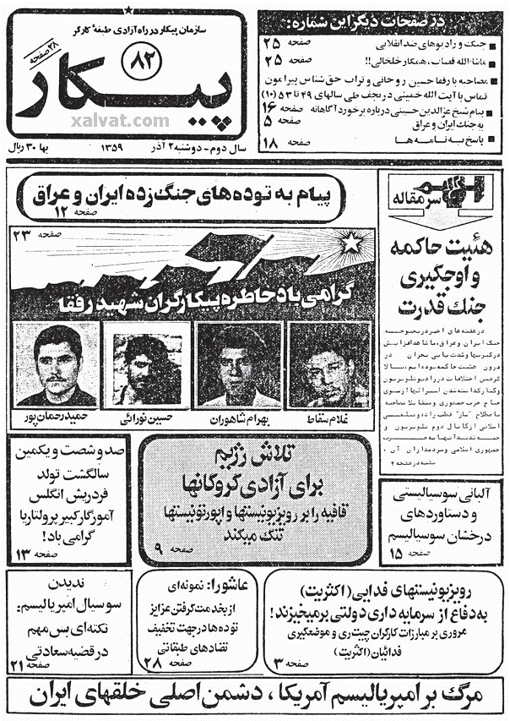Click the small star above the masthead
(x=128, y=9)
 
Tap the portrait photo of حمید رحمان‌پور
(x=57, y=364)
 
